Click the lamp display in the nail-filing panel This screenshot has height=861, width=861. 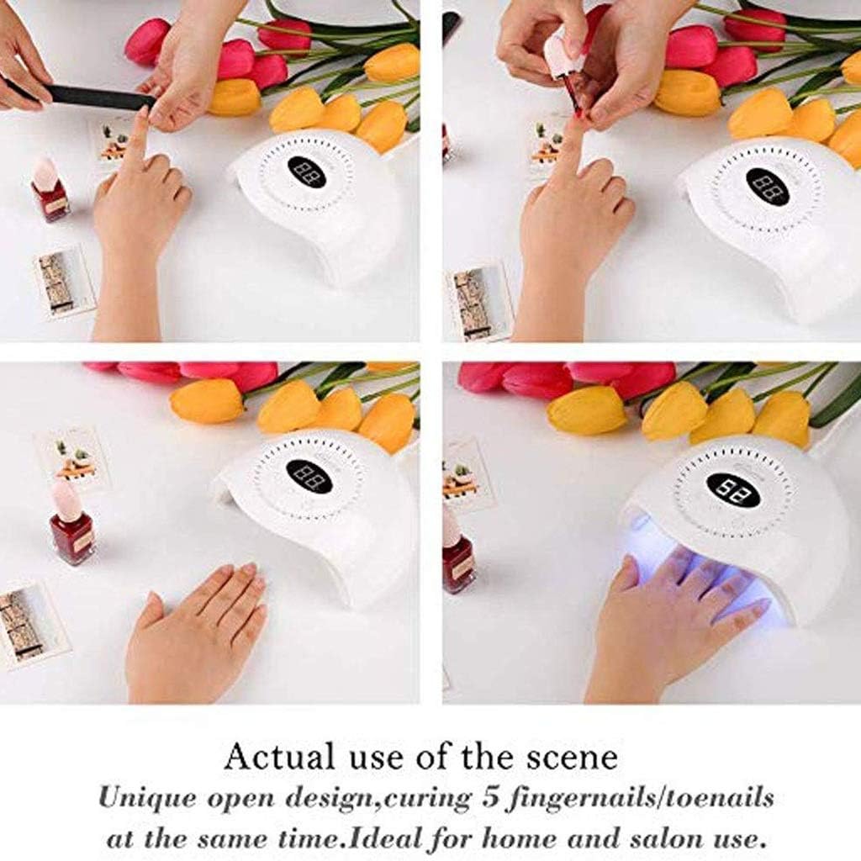307,172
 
